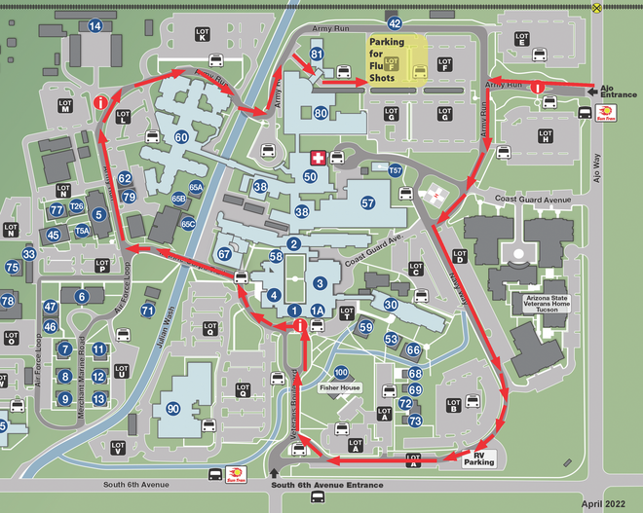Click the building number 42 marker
point(395,22)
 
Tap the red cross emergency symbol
point(316,157)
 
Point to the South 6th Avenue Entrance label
point(327,485)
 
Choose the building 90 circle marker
point(173,408)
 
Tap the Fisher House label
point(341,386)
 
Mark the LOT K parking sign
point(200,31)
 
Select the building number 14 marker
point(95,26)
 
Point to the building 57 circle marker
point(367,203)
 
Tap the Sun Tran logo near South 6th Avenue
point(235,474)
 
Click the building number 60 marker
point(181,137)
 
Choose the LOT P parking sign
point(101,264)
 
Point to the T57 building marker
point(395,171)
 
